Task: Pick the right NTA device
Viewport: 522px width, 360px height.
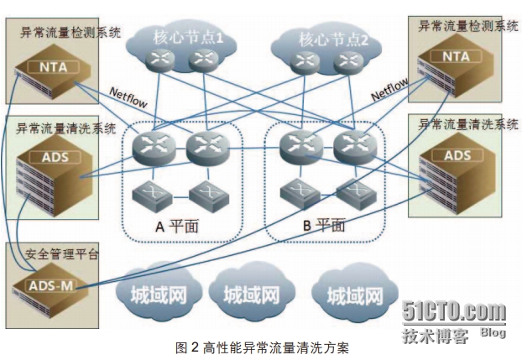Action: tap(457, 57)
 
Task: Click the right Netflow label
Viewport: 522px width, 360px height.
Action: tap(389, 86)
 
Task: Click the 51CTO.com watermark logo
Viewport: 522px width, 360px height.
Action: tap(453, 312)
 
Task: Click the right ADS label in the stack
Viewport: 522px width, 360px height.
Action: tap(457, 155)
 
